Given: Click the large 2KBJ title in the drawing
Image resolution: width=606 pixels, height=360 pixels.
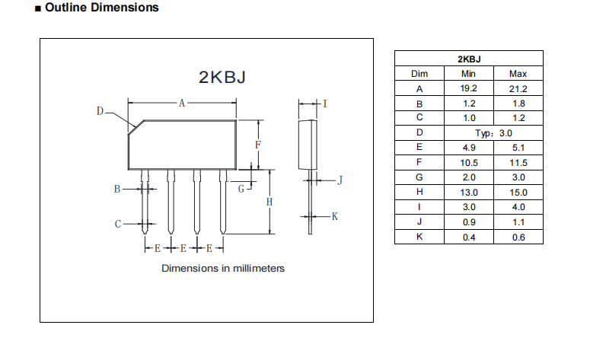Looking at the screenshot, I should (x=222, y=78).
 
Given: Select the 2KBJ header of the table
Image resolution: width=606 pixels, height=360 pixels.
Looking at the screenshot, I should (x=468, y=59).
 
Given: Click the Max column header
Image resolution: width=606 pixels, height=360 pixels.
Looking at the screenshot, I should (x=518, y=74).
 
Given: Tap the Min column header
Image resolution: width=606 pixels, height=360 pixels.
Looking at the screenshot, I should (x=468, y=74).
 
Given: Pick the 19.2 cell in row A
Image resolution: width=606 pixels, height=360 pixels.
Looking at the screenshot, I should (x=468, y=88).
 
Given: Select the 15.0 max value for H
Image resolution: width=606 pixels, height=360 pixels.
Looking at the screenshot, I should (x=518, y=192).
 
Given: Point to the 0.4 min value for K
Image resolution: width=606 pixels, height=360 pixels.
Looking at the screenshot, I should (x=468, y=237).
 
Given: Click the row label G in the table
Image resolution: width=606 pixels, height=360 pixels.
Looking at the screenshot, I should (x=419, y=177).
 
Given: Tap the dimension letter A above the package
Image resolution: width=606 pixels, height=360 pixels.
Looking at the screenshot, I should (x=182, y=104).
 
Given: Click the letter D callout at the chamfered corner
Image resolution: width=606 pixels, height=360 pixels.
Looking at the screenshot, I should (x=100, y=111).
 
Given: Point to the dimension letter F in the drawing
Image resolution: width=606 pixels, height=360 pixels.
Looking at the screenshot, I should (x=258, y=145).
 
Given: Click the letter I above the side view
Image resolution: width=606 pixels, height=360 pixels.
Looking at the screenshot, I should (x=325, y=104).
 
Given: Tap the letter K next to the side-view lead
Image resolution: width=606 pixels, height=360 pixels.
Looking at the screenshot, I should (x=333, y=216).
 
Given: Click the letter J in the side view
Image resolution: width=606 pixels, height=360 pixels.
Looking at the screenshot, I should (x=340, y=180).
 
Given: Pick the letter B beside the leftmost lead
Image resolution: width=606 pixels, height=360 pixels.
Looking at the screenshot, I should (x=117, y=189).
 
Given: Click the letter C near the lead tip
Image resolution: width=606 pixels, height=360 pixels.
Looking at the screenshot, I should (x=118, y=224).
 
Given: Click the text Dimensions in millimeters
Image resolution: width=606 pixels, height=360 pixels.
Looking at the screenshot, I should (x=222, y=268).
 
